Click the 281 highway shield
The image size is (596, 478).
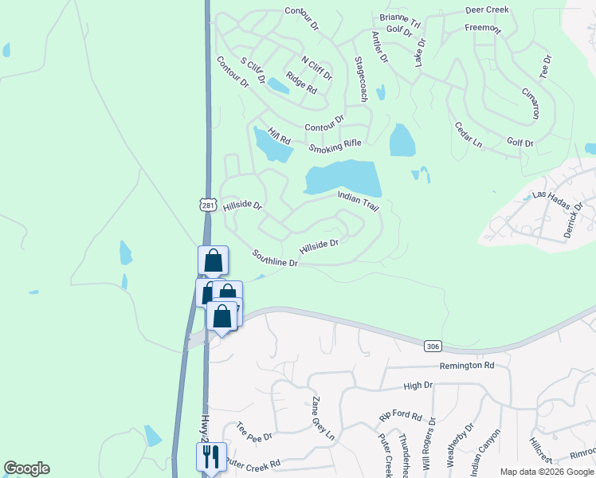click(x=208, y=205)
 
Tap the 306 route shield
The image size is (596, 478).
click(x=433, y=346)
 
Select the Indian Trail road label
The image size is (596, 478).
click(x=358, y=200)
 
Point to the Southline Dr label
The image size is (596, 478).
click(x=275, y=258)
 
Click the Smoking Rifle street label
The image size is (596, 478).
click(x=335, y=146)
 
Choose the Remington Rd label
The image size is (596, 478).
click(x=467, y=366)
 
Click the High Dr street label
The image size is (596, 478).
click(x=418, y=385)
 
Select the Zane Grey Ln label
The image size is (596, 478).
click(x=323, y=420)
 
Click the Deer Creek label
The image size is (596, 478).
click(x=487, y=10)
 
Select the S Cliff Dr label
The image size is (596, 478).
click(x=250, y=71)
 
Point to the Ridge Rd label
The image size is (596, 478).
click(x=301, y=84)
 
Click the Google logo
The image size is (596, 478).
click(x=27, y=468)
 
